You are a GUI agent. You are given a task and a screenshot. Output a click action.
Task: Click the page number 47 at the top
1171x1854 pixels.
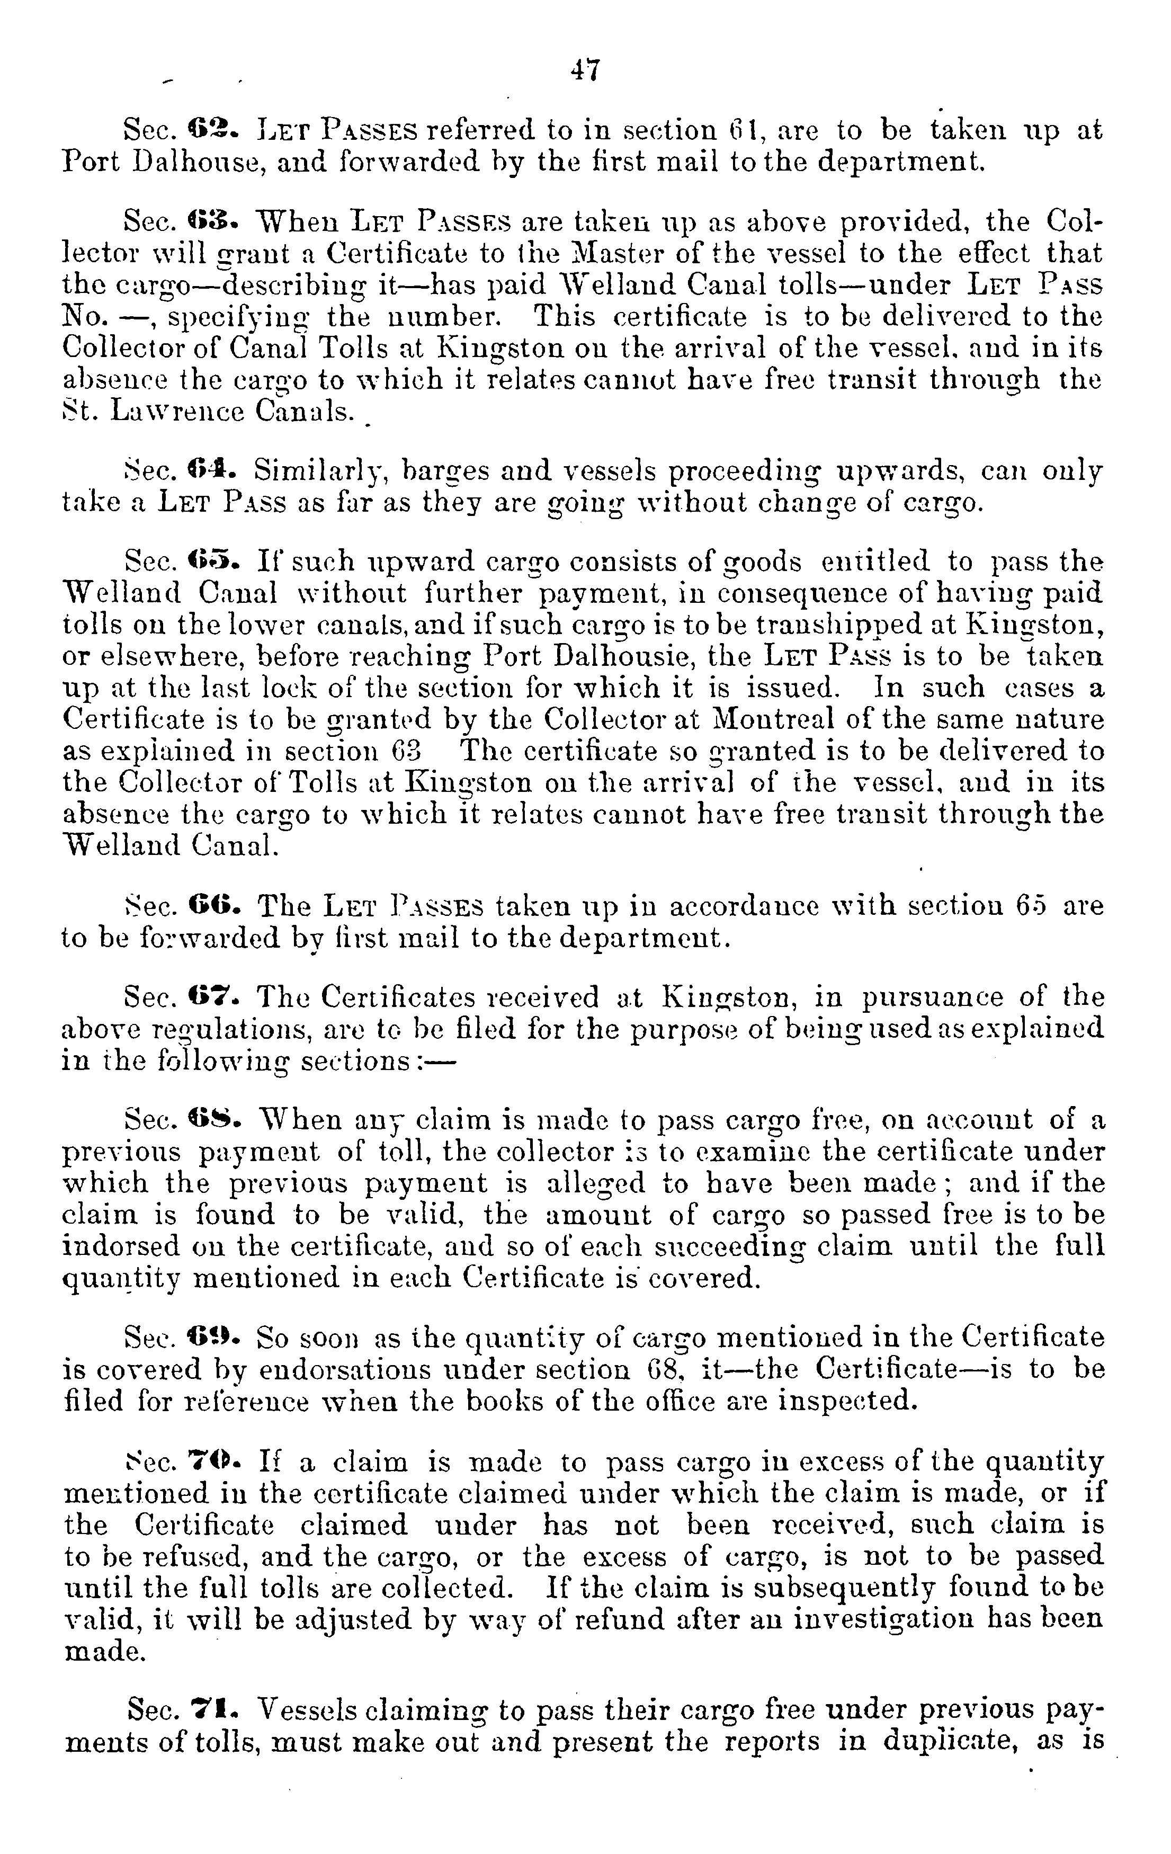585,71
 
